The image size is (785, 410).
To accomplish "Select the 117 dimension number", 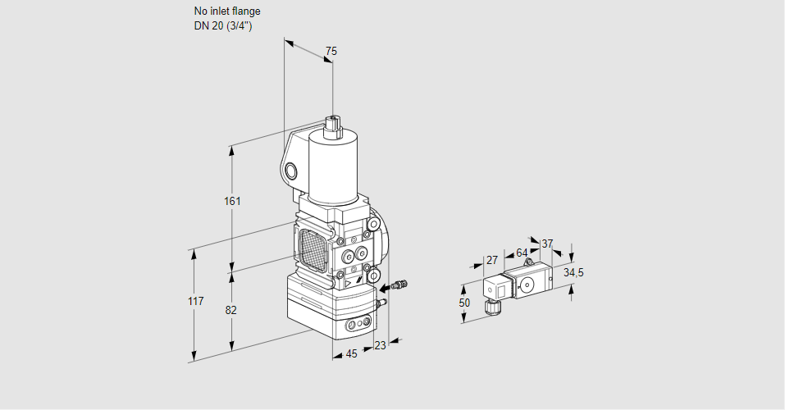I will point(194,302).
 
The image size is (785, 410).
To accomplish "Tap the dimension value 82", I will point(231,310).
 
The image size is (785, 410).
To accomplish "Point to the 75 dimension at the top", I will point(331,52).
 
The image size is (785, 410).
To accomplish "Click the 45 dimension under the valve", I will point(351,353).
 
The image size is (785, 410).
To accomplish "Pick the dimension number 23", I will point(379,345).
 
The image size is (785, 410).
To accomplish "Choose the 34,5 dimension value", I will point(573,272).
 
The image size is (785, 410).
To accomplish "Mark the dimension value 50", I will point(465,303).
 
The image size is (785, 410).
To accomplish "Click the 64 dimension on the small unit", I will point(522,253).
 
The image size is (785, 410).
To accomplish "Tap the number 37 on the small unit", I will point(547,244).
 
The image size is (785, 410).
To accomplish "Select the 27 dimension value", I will point(492,261).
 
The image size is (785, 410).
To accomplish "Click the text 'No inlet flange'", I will point(227,11).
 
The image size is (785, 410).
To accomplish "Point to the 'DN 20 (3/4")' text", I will point(223,25).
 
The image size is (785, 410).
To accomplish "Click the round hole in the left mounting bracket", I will point(291,171).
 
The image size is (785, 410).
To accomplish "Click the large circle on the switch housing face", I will point(527,286).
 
